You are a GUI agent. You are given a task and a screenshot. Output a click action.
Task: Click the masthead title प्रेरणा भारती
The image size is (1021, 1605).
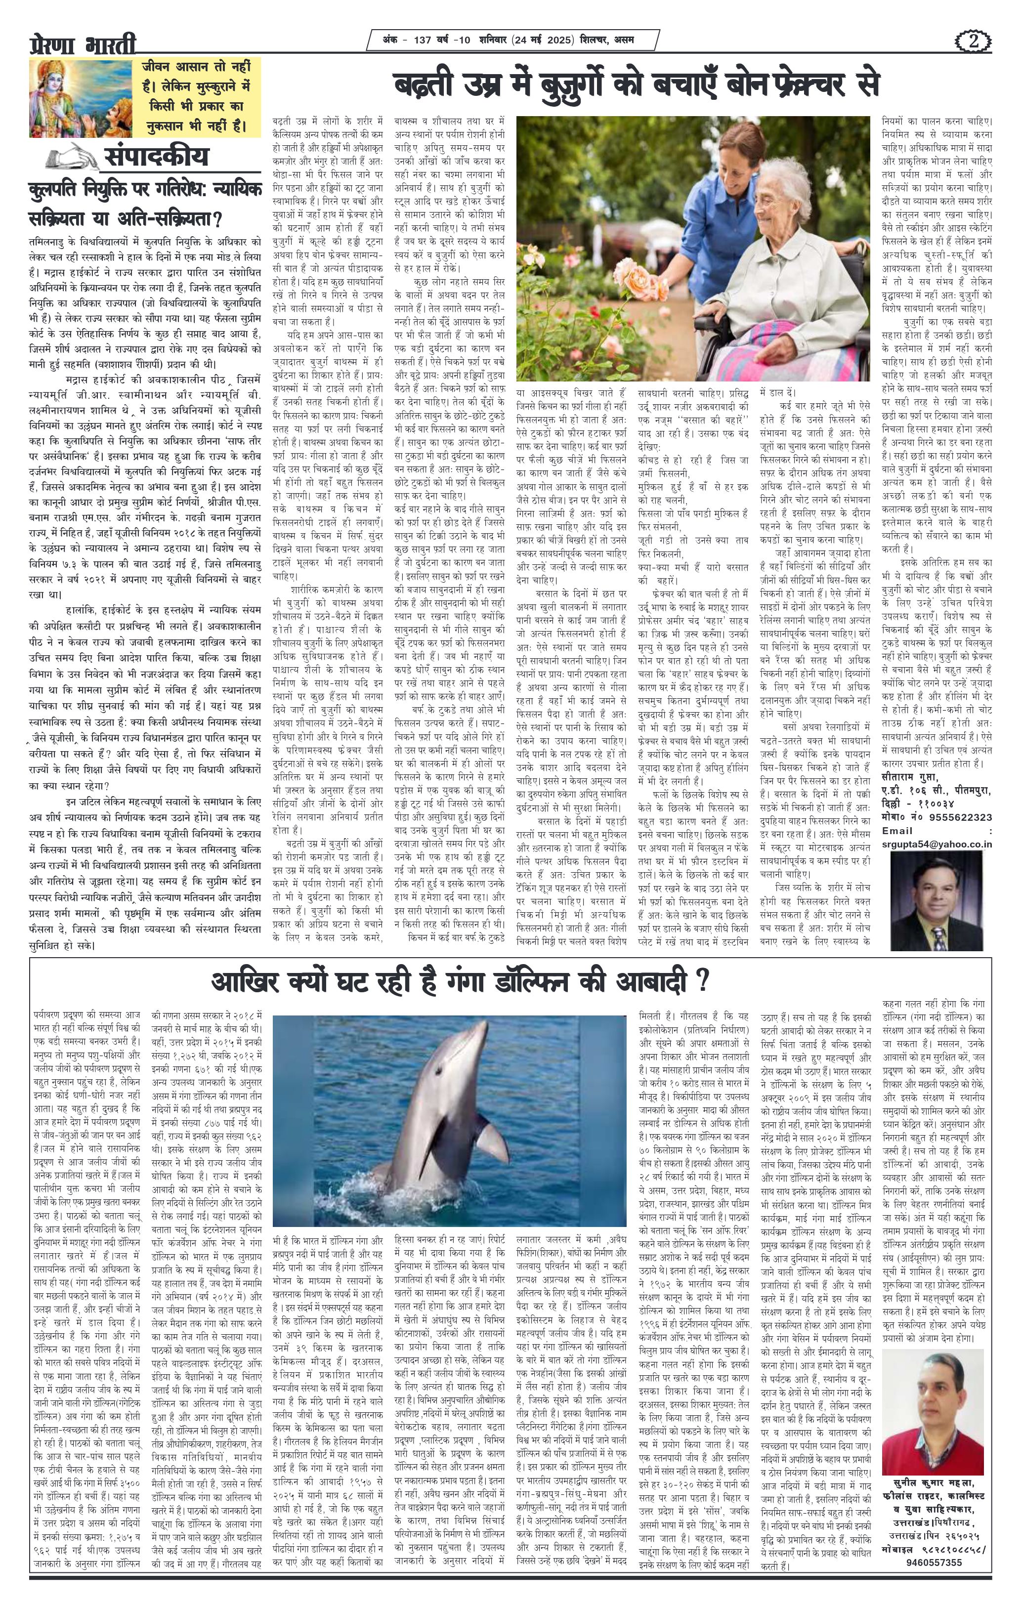click(83, 46)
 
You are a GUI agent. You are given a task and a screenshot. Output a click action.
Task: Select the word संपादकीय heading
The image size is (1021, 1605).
click(156, 157)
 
